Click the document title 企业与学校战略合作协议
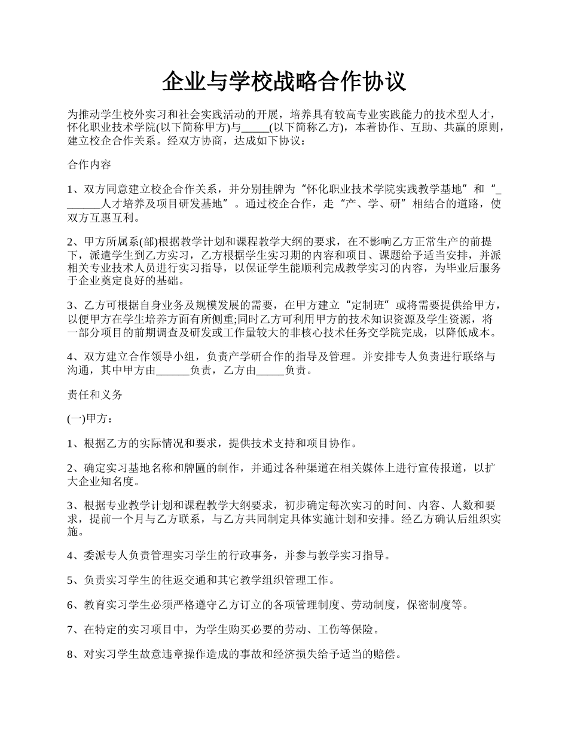pos(284,82)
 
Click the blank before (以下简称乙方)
pos(256,127)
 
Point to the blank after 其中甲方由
pos(172,370)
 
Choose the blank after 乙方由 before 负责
pos(270,370)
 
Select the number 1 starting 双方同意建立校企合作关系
pos(71,189)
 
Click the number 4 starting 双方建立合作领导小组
pos(71,357)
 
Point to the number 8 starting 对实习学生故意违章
pos(71,654)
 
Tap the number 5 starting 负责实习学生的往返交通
pos(71,580)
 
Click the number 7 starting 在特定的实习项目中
pos(71,629)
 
